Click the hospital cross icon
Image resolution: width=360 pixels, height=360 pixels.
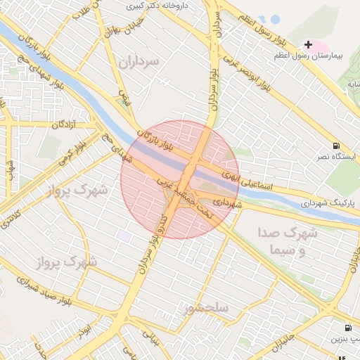point(308,44)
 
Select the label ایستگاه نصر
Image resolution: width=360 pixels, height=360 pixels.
point(337,156)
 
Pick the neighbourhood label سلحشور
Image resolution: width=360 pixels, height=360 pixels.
point(207,308)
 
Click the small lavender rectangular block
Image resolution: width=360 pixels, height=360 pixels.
point(124,236)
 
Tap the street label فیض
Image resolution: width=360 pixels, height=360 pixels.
point(124,98)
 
